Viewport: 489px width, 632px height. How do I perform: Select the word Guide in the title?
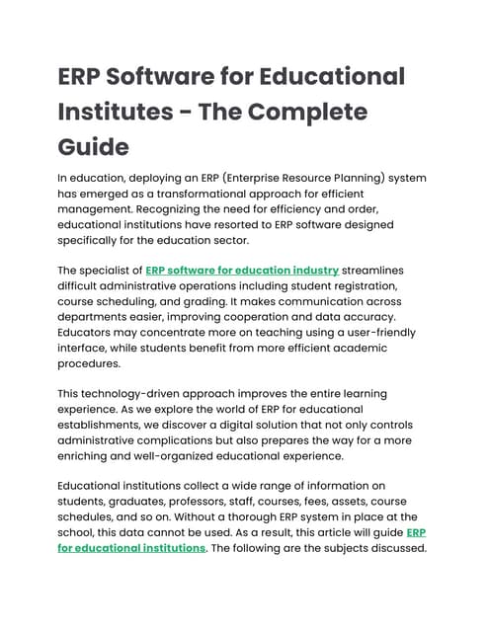click(x=94, y=147)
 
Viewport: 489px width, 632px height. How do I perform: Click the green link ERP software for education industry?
click(x=242, y=270)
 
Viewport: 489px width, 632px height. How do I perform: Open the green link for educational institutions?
click(x=131, y=548)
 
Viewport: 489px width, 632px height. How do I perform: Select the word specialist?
click(x=114, y=270)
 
